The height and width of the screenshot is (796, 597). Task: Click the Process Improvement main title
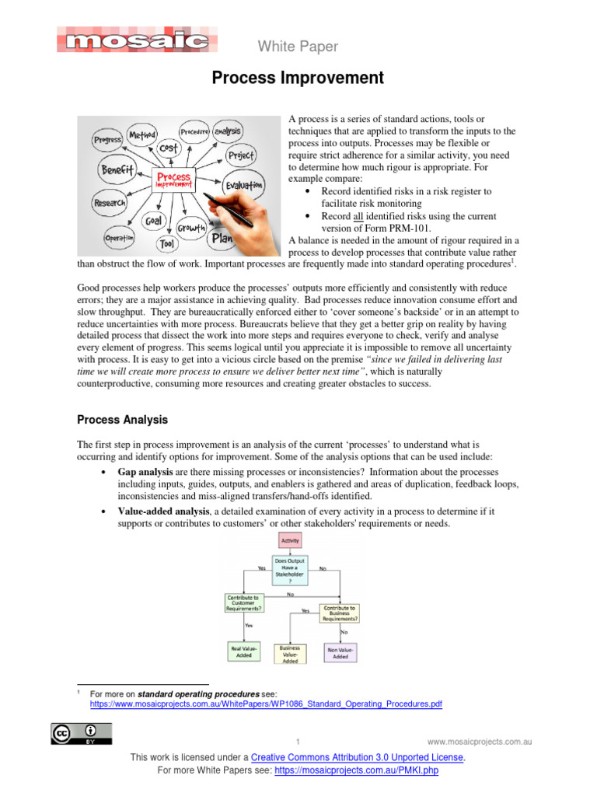[298, 78]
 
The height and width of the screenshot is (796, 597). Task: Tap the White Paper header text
[298, 47]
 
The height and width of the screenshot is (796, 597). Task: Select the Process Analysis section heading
[122, 420]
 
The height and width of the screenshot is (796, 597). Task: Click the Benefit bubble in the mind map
[117, 169]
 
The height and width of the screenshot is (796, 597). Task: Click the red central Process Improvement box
[173, 180]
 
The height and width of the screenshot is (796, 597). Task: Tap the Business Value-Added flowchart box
[290, 654]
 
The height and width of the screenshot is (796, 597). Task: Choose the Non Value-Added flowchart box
[340, 651]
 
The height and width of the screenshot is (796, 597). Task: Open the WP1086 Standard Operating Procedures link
[266, 703]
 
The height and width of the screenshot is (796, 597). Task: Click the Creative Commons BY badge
[82, 734]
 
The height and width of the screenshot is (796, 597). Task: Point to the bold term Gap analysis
[145, 472]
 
